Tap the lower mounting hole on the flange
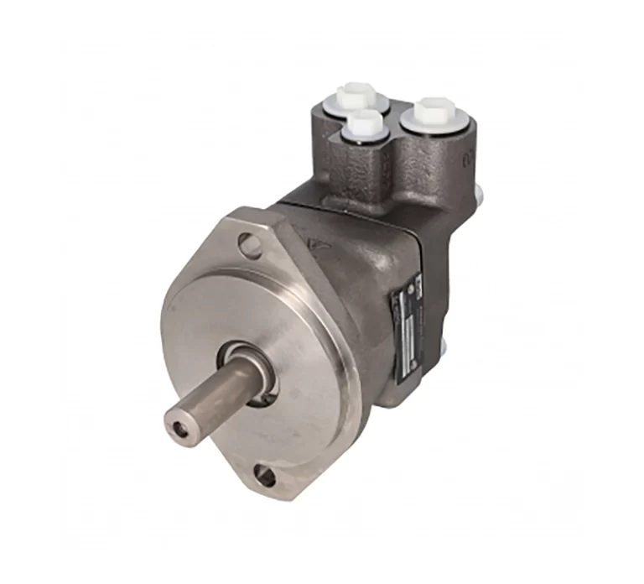[265, 477]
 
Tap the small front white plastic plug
[366, 126]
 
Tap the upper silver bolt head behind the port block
[478, 196]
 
